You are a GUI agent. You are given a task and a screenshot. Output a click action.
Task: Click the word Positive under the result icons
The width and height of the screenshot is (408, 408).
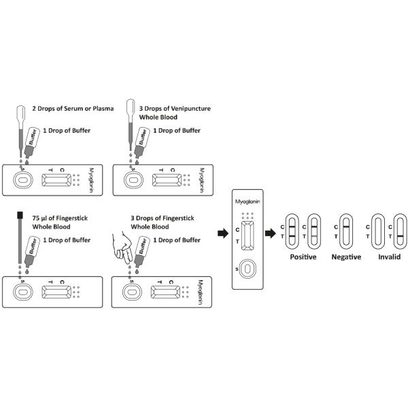click(303, 257)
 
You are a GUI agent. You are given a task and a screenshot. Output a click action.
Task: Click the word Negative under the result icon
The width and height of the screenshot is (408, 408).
click(345, 257)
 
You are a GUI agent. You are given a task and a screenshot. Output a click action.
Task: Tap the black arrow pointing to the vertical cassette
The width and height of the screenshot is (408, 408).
click(222, 233)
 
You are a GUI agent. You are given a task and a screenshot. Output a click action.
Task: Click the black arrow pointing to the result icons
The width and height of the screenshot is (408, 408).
click(271, 233)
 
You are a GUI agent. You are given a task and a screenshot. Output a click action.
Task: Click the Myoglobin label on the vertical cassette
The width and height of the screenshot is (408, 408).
click(247, 201)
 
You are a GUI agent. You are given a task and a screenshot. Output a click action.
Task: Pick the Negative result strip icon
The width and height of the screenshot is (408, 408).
click(345, 231)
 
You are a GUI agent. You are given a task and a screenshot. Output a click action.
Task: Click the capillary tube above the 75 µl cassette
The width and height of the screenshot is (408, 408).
click(20, 241)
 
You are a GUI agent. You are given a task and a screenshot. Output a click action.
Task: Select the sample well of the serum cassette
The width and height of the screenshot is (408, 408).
click(22, 180)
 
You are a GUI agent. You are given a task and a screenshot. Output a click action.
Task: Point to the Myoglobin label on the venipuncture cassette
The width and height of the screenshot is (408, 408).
click(202, 180)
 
